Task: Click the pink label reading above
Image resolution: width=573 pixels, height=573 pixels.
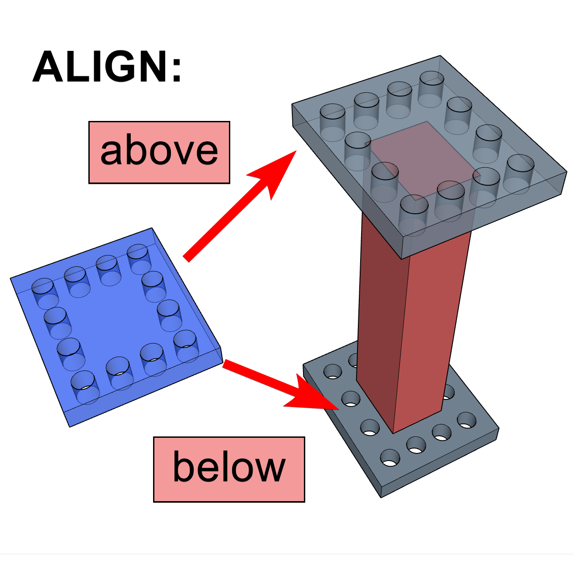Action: (159, 152)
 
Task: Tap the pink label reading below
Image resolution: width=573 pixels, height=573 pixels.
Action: (229, 469)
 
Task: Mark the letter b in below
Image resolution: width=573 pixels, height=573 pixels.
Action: (183, 467)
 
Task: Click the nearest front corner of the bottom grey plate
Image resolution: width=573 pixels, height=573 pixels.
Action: (382, 497)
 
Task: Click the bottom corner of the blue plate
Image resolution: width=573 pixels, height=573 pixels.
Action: (70, 427)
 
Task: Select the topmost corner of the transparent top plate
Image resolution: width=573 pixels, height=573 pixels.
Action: (440, 56)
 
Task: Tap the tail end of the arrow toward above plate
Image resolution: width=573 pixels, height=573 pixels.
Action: (187, 259)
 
